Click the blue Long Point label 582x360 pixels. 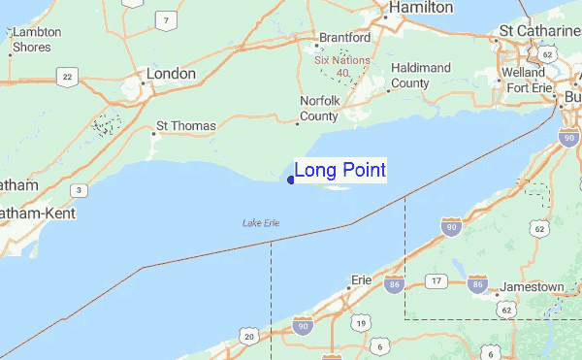339,171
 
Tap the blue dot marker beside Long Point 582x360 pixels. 291,179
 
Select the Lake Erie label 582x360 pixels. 261,224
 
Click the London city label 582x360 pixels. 171,74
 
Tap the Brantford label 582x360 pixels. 344,38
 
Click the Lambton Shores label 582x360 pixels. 37,38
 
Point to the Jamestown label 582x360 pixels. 532,288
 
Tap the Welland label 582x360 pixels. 524,73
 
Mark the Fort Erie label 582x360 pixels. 529,90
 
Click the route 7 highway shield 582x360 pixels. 169,20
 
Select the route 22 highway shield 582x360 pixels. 67,77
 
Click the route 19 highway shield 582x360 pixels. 360,323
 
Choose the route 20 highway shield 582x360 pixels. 249,337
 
